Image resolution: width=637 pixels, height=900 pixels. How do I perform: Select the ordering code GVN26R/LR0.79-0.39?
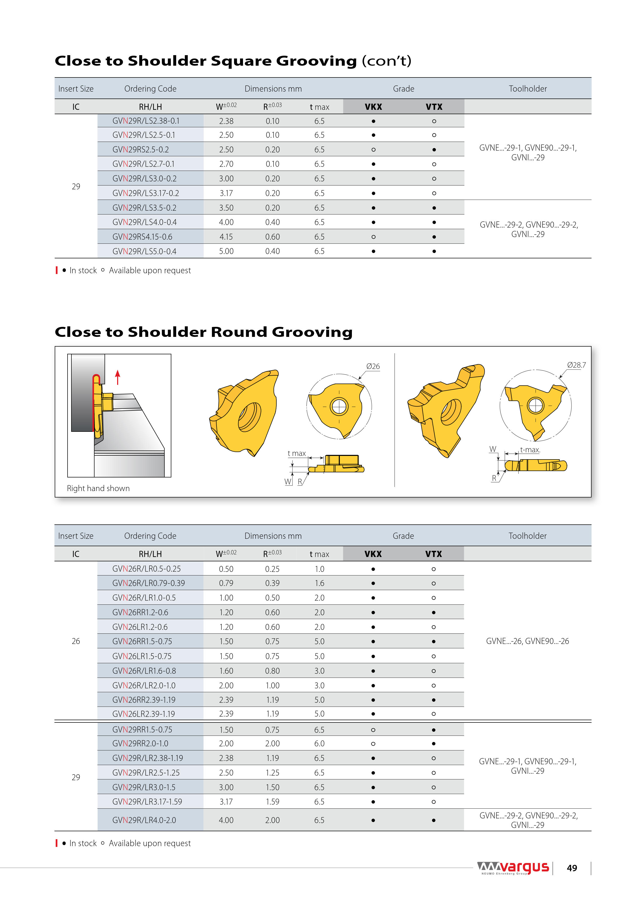[148, 583]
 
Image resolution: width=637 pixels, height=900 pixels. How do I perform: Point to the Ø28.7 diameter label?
[576, 365]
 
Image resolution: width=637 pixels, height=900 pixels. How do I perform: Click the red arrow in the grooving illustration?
[117, 377]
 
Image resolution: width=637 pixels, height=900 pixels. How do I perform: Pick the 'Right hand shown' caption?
[98, 488]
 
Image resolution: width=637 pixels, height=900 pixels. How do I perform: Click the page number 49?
[572, 868]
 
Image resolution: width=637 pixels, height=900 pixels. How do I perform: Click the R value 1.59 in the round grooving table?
[272, 802]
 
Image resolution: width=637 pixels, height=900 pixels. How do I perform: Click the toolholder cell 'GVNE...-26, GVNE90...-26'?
[527, 641]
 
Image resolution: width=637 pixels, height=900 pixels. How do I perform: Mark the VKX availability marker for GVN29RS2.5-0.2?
[373, 150]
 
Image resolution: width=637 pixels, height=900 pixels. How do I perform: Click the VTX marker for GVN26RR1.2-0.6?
[433, 612]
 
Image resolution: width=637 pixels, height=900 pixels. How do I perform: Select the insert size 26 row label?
[76, 641]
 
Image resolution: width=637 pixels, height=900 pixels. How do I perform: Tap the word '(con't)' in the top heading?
[386, 61]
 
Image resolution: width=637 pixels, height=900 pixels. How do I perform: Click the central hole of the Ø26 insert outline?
[339, 406]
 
